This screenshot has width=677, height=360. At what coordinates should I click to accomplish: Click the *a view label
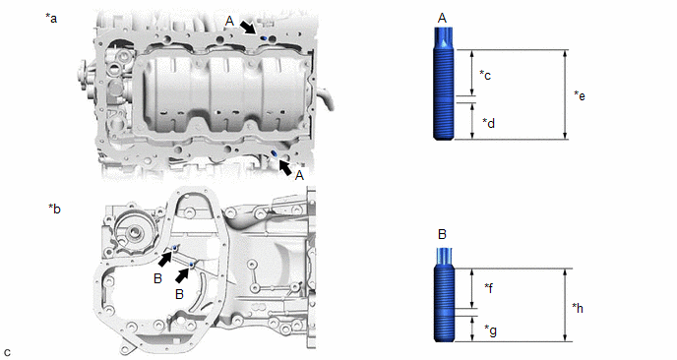pyautogui.click(x=51, y=18)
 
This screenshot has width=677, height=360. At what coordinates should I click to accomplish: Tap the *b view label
pyautogui.click(x=54, y=209)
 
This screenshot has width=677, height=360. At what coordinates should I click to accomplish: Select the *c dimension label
pyautogui.click(x=485, y=75)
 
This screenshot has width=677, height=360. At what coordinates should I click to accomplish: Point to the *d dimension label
pyautogui.click(x=488, y=123)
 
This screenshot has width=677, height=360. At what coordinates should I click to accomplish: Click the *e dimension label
pyautogui.click(x=580, y=95)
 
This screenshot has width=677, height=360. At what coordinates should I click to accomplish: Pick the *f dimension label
pyautogui.click(x=488, y=287)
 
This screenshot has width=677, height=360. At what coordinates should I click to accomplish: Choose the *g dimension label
pyautogui.click(x=490, y=330)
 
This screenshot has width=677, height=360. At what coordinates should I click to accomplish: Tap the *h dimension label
pyautogui.click(x=578, y=308)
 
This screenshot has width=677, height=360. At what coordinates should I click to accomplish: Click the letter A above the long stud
pyautogui.click(x=442, y=18)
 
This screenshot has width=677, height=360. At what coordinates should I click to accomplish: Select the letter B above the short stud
pyautogui.click(x=442, y=234)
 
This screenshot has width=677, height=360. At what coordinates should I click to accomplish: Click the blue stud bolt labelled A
pyautogui.click(x=444, y=83)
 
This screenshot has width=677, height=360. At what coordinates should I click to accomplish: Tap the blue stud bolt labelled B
pyautogui.click(x=444, y=295)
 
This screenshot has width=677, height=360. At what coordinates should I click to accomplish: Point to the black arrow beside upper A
pyautogui.click(x=248, y=28)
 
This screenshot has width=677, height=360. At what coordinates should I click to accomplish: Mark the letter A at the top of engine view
pyautogui.click(x=229, y=22)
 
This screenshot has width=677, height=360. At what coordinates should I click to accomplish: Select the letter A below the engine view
pyautogui.click(x=299, y=175)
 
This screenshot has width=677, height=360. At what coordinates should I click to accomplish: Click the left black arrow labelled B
pyautogui.click(x=165, y=259)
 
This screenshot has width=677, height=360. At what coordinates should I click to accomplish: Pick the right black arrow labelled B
pyautogui.click(x=183, y=275)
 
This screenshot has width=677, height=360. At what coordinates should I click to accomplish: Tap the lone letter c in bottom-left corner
pyautogui.click(x=7, y=353)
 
